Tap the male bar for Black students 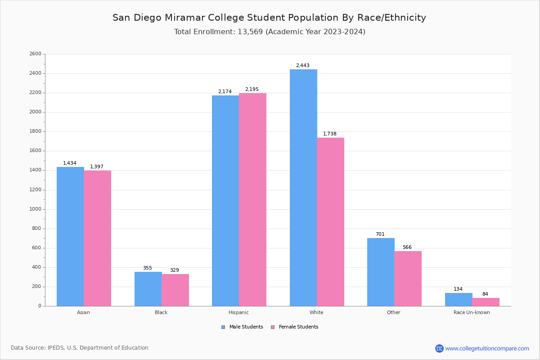coord(148,289)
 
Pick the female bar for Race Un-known coord(486,302)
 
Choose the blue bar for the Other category coord(381,272)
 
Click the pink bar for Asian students coord(97,238)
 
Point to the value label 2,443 coord(302,66)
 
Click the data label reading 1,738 coord(329,134)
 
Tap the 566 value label coord(407,247)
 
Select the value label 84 coord(485,294)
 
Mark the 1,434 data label coord(70,163)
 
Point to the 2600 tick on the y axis coord(35,54)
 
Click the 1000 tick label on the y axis coord(35,209)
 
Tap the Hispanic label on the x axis coord(238,313)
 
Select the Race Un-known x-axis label coord(472,313)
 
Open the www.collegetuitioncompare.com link coord(487,349)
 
